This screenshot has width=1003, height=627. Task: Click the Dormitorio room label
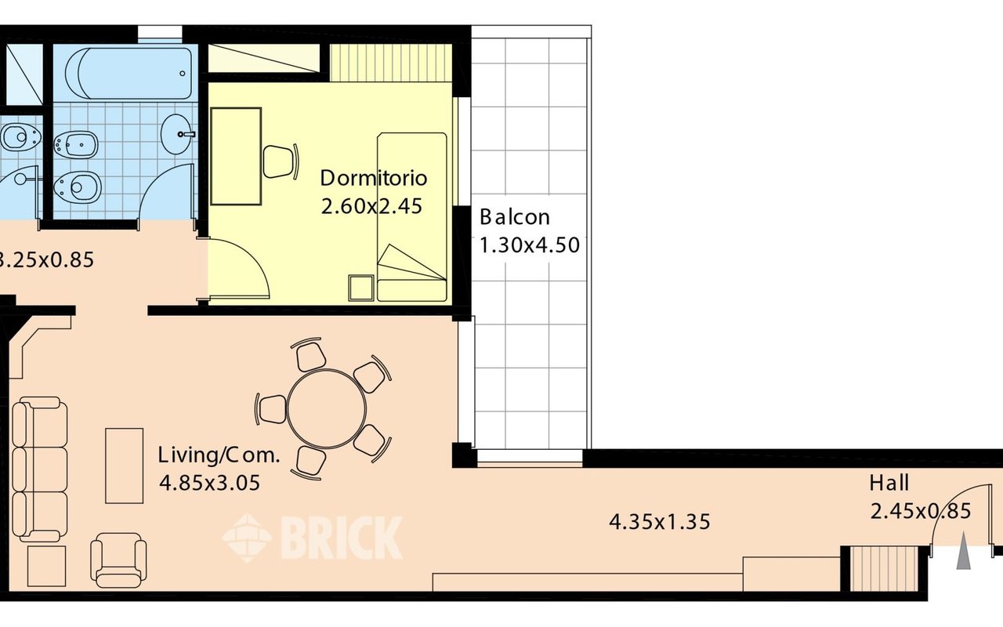(x=374, y=178)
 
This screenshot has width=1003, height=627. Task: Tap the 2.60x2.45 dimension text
(x=371, y=206)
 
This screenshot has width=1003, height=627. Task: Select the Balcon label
(x=515, y=217)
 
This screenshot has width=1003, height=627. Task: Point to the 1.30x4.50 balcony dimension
(x=530, y=245)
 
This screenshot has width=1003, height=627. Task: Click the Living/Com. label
(x=219, y=456)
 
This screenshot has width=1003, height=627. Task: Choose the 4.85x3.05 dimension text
(x=209, y=484)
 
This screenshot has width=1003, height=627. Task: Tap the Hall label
(x=889, y=484)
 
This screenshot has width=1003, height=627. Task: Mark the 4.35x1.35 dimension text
(x=660, y=522)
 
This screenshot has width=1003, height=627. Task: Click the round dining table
(x=327, y=408)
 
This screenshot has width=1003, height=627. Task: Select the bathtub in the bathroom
(x=129, y=74)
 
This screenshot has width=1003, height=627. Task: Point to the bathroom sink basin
(x=178, y=134)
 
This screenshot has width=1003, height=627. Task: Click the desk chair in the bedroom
(x=281, y=161)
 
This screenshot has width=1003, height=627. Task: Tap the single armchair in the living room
(x=118, y=560)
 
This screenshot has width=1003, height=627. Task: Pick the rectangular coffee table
(x=125, y=466)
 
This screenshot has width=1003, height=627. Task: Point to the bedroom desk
(x=236, y=156)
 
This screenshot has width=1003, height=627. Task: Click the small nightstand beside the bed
(x=361, y=288)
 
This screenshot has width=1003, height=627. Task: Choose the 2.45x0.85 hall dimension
(x=921, y=511)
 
